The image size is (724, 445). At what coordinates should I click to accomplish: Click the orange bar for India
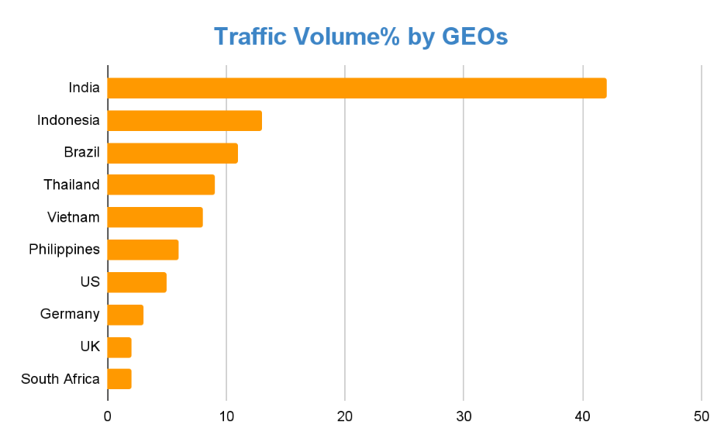[x=357, y=88]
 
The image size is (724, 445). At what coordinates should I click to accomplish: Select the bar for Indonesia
[x=184, y=120]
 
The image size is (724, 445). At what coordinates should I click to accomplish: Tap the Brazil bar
[x=172, y=153]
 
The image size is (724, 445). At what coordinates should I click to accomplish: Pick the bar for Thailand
[x=160, y=185]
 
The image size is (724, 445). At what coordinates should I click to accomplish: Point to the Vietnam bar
[x=155, y=217]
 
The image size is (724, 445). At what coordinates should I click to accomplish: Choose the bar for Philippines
[x=143, y=250]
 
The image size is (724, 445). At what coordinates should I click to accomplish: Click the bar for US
[x=136, y=282]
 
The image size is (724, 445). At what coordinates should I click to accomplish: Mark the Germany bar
[x=125, y=315]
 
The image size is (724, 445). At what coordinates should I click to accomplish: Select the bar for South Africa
[x=119, y=379]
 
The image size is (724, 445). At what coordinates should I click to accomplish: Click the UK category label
[x=90, y=347]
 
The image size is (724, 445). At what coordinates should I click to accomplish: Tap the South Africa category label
[x=60, y=379]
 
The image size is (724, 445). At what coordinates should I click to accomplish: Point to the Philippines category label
[x=64, y=250]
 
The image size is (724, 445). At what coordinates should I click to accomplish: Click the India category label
[x=84, y=88]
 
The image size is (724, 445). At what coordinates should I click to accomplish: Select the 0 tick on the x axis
[x=108, y=416]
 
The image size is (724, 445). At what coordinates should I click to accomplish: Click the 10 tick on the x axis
[x=226, y=416]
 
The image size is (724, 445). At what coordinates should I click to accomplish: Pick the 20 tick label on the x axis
[x=345, y=416]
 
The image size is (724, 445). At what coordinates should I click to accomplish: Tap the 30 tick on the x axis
[x=464, y=416]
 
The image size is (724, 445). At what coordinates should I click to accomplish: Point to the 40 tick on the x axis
[x=583, y=416]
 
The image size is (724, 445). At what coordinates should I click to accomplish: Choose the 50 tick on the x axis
[x=702, y=416]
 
